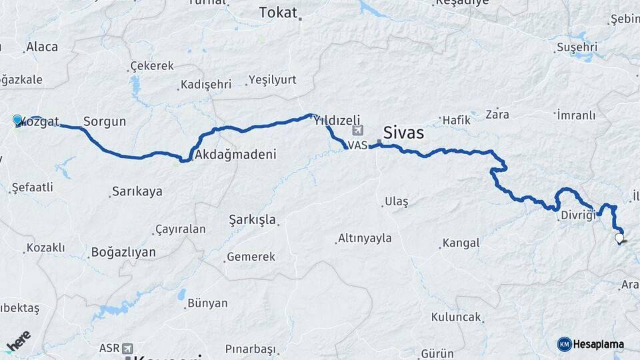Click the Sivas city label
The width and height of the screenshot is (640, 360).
(x=403, y=132)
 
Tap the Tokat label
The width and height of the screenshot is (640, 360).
(x=278, y=12)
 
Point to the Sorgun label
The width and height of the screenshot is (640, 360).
(x=105, y=122)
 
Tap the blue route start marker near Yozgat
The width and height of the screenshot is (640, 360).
(x=17, y=120)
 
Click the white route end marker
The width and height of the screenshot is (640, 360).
(x=619, y=237)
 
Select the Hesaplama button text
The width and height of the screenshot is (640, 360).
(x=599, y=344)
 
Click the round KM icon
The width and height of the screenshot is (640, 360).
(x=565, y=344)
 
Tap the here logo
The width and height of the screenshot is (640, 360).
(x=19, y=342)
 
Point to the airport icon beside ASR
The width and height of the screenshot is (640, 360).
(x=127, y=348)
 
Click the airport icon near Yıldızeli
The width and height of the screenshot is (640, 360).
(x=360, y=130)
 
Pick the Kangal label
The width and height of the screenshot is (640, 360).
(x=461, y=244)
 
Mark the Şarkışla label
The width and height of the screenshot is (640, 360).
(x=252, y=219)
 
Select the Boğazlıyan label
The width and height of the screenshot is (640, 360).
(x=123, y=252)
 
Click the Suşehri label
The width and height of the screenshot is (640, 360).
(x=577, y=48)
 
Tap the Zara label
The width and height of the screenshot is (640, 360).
(x=497, y=114)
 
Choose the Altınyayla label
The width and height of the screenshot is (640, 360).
(x=365, y=238)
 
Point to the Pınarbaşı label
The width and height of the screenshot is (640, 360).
(x=250, y=349)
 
